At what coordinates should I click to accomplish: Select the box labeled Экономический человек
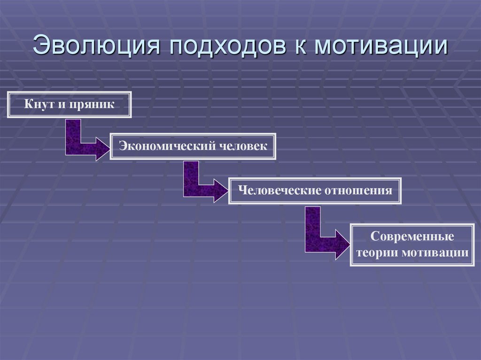click(x=193, y=146)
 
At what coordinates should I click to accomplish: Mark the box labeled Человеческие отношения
click(x=315, y=191)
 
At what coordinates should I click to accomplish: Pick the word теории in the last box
click(x=378, y=253)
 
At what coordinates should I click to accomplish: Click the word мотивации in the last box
click(x=435, y=253)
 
